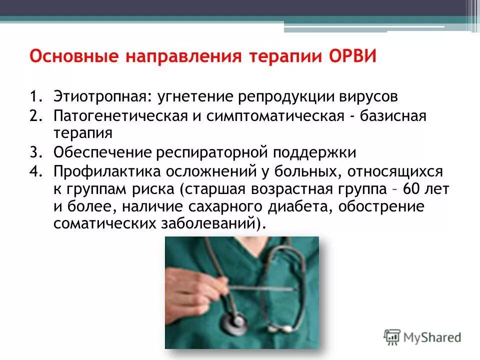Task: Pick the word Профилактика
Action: pyautogui.click(x=99, y=171)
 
